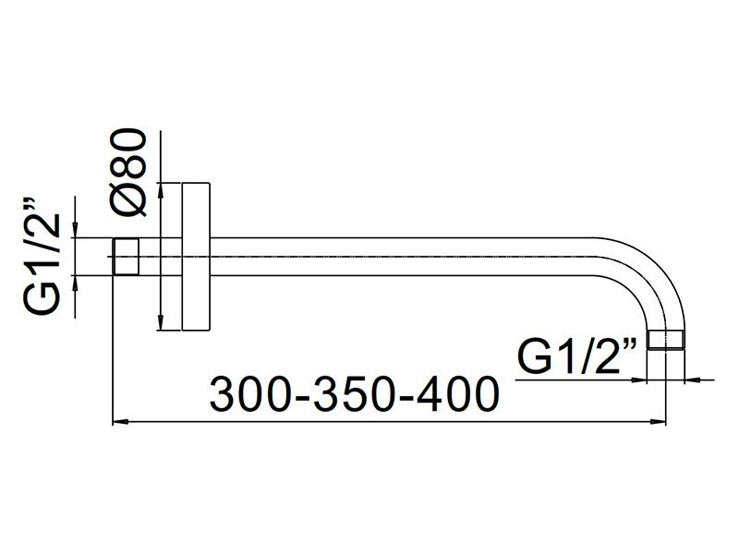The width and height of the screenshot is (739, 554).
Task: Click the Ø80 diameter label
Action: click(x=128, y=172)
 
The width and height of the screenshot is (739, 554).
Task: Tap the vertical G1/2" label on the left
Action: click(x=42, y=257)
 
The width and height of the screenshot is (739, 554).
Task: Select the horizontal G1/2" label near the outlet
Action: click(x=576, y=356)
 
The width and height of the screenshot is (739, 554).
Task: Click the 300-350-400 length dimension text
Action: click(x=355, y=394)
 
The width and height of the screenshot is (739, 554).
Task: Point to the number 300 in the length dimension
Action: click(x=248, y=394)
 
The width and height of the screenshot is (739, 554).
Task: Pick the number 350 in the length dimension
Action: click(x=353, y=394)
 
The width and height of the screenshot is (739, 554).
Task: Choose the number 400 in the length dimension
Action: click(x=458, y=394)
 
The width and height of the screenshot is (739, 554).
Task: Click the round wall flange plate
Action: click(x=196, y=257)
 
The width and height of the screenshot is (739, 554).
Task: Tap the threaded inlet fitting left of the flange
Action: click(x=126, y=257)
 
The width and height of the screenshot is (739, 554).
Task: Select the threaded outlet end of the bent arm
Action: click(x=665, y=340)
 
